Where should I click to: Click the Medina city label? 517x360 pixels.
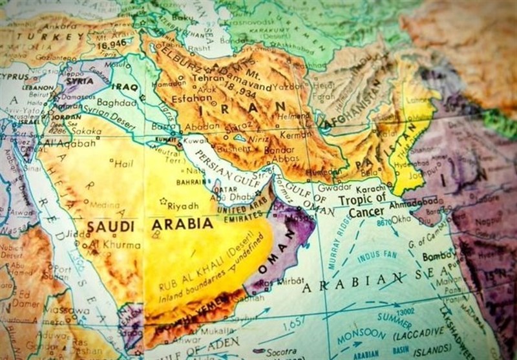[103, 204]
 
